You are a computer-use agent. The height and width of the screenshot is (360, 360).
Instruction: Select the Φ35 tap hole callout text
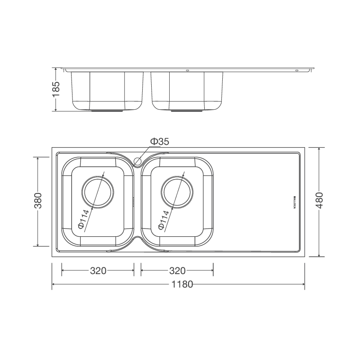click(x=159, y=142)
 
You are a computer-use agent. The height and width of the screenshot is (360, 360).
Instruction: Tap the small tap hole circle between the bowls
click(x=138, y=160)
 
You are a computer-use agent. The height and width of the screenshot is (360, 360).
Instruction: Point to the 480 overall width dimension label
click(x=319, y=201)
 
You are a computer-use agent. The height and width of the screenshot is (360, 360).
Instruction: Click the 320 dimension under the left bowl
click(x=98, y=271)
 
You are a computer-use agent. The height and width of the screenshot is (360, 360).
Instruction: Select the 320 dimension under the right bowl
click(x=177, y=271)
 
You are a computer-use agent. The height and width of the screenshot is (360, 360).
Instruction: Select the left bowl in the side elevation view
click(x=107, y=90)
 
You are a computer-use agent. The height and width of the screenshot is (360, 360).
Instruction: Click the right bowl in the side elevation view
click(x=187, y=90)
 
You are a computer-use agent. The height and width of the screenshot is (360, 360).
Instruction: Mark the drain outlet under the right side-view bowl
click(x=187, y=110)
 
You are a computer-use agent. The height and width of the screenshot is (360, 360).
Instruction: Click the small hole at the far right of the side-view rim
click(x=297, y=71)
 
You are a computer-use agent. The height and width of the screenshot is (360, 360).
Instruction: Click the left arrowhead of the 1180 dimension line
click(x=54, y=285)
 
